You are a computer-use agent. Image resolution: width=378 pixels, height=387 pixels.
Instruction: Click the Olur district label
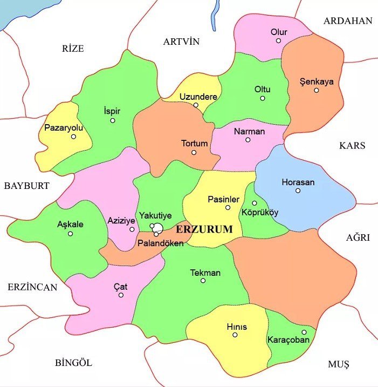click(x=279, y=32)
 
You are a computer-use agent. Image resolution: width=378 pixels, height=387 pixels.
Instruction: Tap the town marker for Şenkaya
click(x=317, y=90)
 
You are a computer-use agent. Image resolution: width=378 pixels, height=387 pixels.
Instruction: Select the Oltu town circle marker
click(x=263, y=98)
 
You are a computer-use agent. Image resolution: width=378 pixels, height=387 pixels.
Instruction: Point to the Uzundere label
click(x=198, y=97)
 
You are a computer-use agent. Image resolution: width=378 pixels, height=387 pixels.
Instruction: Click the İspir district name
click(x=112, y=111)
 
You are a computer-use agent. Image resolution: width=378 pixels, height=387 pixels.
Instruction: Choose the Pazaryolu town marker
click(x=74, y=137)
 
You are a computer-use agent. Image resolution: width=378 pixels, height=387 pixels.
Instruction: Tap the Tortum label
click(x=194, y=144)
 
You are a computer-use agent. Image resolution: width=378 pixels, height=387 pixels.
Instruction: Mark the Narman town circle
click(x=248, y=140)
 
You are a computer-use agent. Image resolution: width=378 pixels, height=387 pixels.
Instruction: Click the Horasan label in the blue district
click(x=298, y=182)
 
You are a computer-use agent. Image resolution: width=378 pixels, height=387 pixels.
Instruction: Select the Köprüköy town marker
click(x=255, y=203)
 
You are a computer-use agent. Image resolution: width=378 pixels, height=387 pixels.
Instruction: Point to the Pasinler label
click(x=223, y=199)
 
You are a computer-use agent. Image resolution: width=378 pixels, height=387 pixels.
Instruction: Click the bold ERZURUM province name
click(x=204, y=229)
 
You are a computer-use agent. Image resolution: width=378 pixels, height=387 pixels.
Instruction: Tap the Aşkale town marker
click(x=71, y=234)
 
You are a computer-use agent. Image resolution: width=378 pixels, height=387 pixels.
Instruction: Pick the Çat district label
click(x=121, y=286)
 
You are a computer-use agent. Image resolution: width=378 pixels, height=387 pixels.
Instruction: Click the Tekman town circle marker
click(x=203, y=281)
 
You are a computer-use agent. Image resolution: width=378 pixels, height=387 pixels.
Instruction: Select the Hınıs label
click(x=236, y=327)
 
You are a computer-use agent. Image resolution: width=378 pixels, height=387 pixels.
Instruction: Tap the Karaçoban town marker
click(x=304, y=332)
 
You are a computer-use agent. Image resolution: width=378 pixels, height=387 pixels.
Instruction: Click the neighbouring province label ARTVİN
click(x=181, y=42)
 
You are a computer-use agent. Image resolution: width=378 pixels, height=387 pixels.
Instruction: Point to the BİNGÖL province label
click(x=74, y=362)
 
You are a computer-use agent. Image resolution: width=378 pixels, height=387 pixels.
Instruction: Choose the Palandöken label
click(x=161, y=243)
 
